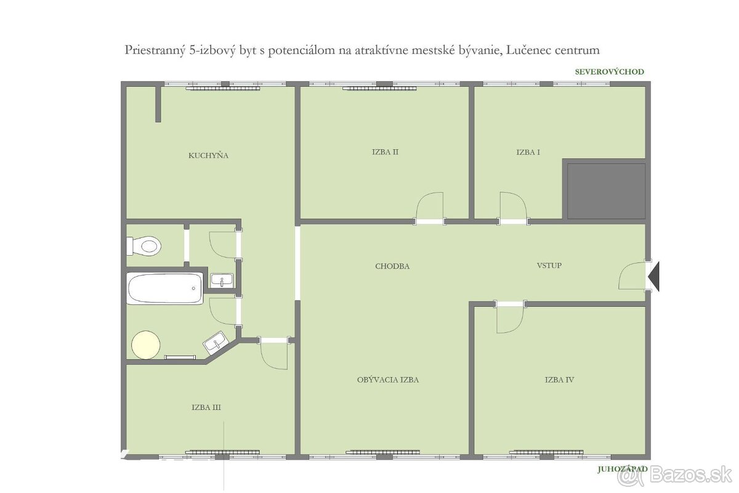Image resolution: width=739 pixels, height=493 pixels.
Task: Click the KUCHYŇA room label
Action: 208,155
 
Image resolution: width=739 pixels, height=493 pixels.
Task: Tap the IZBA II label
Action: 385,152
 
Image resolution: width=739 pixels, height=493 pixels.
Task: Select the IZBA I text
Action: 528,152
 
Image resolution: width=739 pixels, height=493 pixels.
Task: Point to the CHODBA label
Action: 392,266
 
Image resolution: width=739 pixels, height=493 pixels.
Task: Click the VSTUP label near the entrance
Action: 549,266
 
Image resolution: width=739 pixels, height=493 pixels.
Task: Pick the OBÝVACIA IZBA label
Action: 388,380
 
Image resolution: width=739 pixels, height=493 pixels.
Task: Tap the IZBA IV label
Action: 559,380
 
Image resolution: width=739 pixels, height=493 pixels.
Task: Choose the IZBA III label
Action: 206,407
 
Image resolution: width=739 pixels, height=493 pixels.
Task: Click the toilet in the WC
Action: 144,246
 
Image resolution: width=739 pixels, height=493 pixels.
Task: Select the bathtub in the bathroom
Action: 165,288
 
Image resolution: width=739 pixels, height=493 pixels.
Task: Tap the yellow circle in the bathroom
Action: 146,344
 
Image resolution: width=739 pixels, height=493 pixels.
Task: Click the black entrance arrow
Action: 653,276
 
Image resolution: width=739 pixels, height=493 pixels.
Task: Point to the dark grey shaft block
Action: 606,191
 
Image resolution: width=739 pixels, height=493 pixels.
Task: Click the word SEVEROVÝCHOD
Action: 609,71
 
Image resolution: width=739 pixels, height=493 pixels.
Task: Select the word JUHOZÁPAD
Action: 623,469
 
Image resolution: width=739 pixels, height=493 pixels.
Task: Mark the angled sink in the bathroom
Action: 216,342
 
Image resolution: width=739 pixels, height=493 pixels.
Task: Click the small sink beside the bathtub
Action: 222,280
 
